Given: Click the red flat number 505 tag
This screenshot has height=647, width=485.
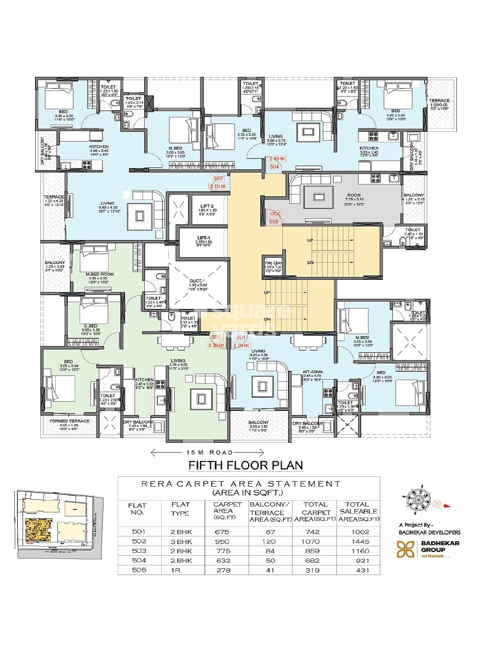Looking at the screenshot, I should pos(274,222).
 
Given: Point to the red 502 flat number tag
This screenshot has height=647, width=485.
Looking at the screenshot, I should pos(216,337).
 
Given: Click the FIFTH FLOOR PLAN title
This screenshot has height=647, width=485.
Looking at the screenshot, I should pos(246,465).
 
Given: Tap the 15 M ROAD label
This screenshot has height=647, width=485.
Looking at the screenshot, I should pos(209,452).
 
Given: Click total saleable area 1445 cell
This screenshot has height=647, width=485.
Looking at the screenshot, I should pos(360,541).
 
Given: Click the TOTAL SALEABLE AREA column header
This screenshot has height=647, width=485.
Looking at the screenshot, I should pos(358,512).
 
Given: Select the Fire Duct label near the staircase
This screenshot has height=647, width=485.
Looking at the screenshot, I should pos(273,263).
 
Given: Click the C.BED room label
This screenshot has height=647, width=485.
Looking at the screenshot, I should pos(91,326).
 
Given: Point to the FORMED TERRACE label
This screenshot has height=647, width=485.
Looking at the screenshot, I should pos(70,421).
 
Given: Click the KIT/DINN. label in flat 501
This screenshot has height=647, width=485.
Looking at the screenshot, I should pos(313,372).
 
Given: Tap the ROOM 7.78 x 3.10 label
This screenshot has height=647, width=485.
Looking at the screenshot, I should pos(354,195).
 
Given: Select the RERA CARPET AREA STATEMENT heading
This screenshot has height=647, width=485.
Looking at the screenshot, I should pos(241,484).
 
